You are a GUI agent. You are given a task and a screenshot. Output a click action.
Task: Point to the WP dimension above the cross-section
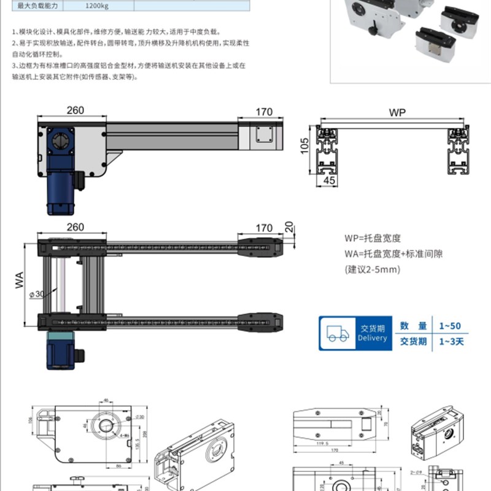coord(396,113)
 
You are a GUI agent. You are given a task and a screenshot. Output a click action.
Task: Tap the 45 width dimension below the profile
coord(330,180)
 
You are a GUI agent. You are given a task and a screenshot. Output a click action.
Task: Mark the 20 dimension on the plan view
coord(289,227)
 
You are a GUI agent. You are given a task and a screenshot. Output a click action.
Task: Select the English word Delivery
coord(373,338)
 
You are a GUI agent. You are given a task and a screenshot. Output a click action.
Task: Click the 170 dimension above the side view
coord(264,112)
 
